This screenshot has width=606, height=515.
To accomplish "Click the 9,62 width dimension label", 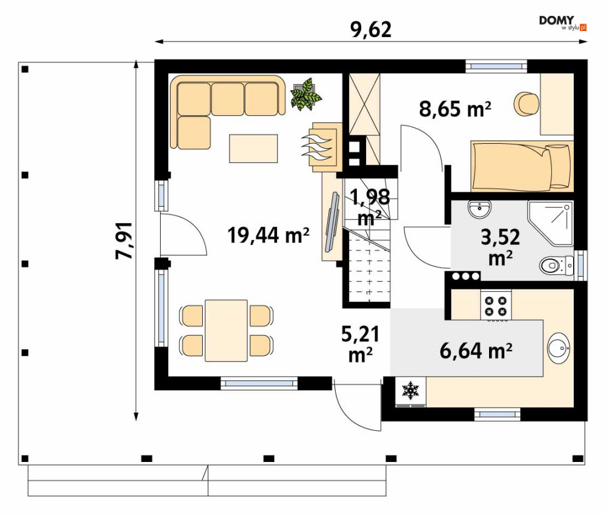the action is pos(371,29).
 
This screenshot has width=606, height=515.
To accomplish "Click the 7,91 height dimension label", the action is pos(125,241).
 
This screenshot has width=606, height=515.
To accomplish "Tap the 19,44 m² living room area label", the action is pos(269,235).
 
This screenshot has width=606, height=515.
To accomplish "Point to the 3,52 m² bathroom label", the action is pos(501,247).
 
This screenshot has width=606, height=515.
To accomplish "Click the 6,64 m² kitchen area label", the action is pos(476,350).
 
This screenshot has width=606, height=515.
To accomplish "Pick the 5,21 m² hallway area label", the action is pos(361,344).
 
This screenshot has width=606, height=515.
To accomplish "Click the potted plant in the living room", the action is pos(307,94).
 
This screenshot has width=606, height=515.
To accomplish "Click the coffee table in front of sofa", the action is pos(253,149).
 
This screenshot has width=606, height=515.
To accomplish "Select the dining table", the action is pos(226,330).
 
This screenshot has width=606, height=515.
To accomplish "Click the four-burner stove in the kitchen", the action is pos(496,306).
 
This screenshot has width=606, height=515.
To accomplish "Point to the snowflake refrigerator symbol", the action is pos(410,391).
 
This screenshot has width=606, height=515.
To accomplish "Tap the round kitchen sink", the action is pos(558,347).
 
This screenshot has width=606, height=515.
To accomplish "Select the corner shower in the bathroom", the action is pos(551,223).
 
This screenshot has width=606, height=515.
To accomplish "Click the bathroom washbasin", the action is pos(479,209).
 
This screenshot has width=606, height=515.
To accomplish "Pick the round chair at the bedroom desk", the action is pos(526,104).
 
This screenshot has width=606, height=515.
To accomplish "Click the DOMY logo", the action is pos(563,23).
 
